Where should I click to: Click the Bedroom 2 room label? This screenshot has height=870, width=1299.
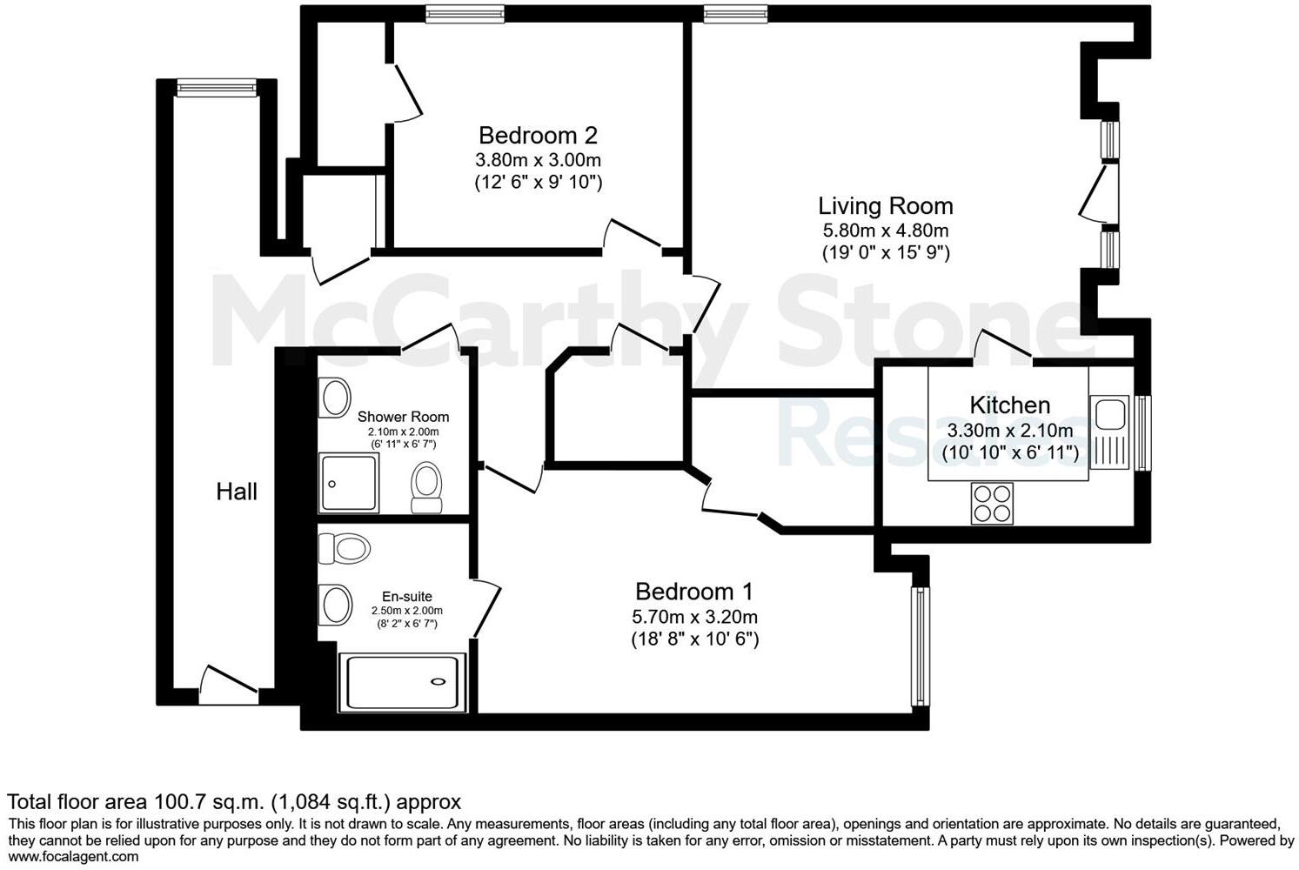(538, 136)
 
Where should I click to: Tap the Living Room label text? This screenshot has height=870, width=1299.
(885, 206)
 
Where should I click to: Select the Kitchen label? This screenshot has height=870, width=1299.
(1009, 405)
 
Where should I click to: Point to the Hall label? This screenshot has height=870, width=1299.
(237, 492)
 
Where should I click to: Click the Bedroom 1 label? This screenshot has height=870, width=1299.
(693, 592)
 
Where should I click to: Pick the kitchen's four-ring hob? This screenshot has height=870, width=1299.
(992, 503)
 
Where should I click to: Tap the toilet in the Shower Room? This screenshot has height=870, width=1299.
(426, 487)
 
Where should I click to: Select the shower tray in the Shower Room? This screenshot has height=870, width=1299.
(349, 483)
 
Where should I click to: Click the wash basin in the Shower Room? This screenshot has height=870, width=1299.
(334, 398)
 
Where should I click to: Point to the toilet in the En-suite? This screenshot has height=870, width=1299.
(345, 549)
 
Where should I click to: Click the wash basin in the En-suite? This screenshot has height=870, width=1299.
(334, 604)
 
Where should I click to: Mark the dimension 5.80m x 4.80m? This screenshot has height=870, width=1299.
(885, 231)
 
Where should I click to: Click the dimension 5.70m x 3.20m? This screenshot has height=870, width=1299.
(693, 617)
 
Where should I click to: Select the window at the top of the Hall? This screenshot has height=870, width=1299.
(217, 87)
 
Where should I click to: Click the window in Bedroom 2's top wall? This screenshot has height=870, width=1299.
(465, 13)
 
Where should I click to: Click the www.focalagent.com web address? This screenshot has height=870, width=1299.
(73, 856)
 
